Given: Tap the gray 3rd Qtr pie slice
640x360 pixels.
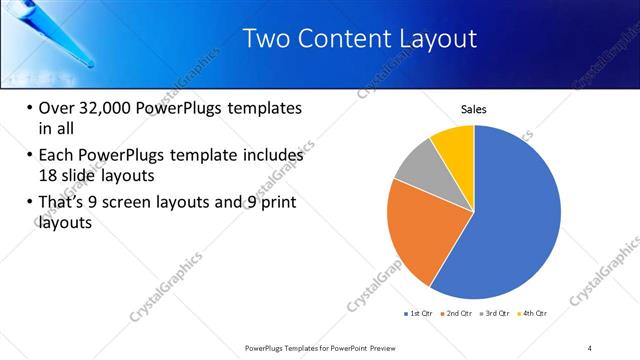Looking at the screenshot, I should coord(418,165).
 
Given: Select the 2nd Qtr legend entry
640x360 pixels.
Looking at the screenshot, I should coord(459,313).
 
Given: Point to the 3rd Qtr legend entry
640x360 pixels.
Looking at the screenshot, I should coord(497,313).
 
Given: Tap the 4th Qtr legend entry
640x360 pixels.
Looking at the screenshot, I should coord(535,313).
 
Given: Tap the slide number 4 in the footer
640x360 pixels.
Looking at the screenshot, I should coord(590,347).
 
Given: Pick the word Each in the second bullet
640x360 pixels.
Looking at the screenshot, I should coord(57,155).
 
